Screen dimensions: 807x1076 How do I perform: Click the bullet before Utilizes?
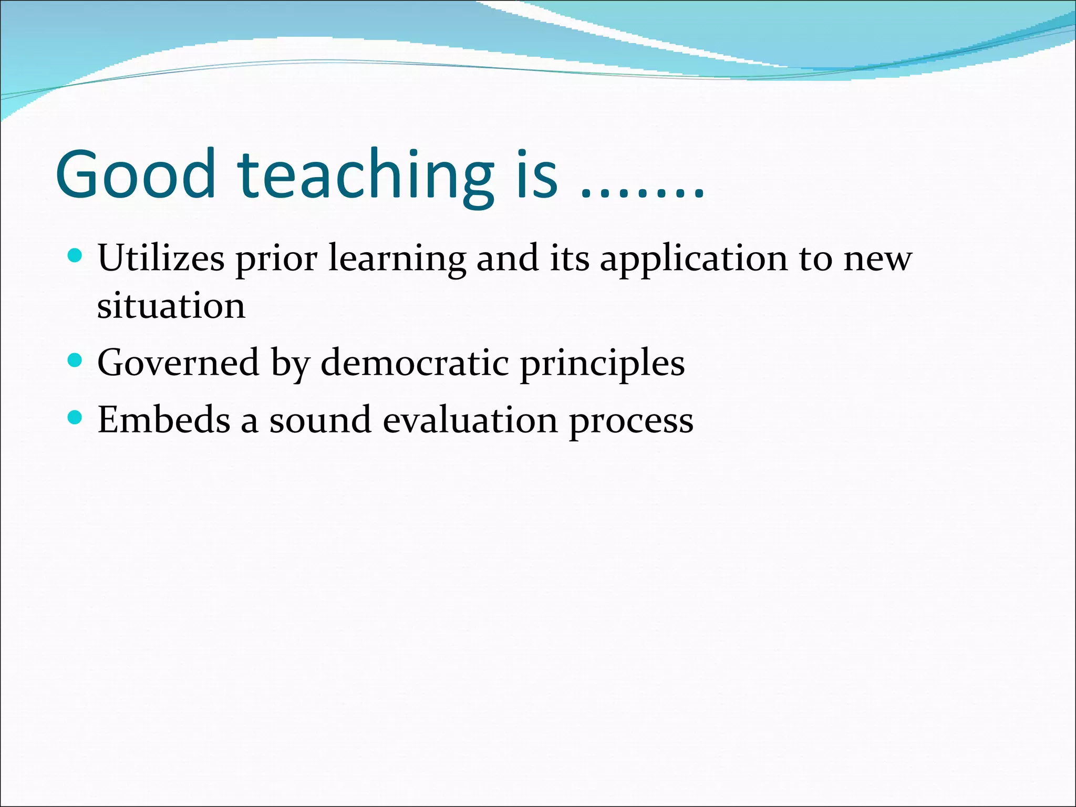click(x=76, y=256)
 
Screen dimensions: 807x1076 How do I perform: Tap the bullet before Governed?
click(x=76, y=360)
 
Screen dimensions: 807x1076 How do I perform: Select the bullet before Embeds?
click(x=76, y=418)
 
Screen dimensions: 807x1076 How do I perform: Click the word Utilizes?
click(x=161, y=258)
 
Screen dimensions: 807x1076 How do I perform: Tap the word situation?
click(x=171, y=306)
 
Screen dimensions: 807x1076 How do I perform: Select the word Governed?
click(x=178, y=363)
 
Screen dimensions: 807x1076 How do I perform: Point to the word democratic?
click(x=415, y=363)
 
